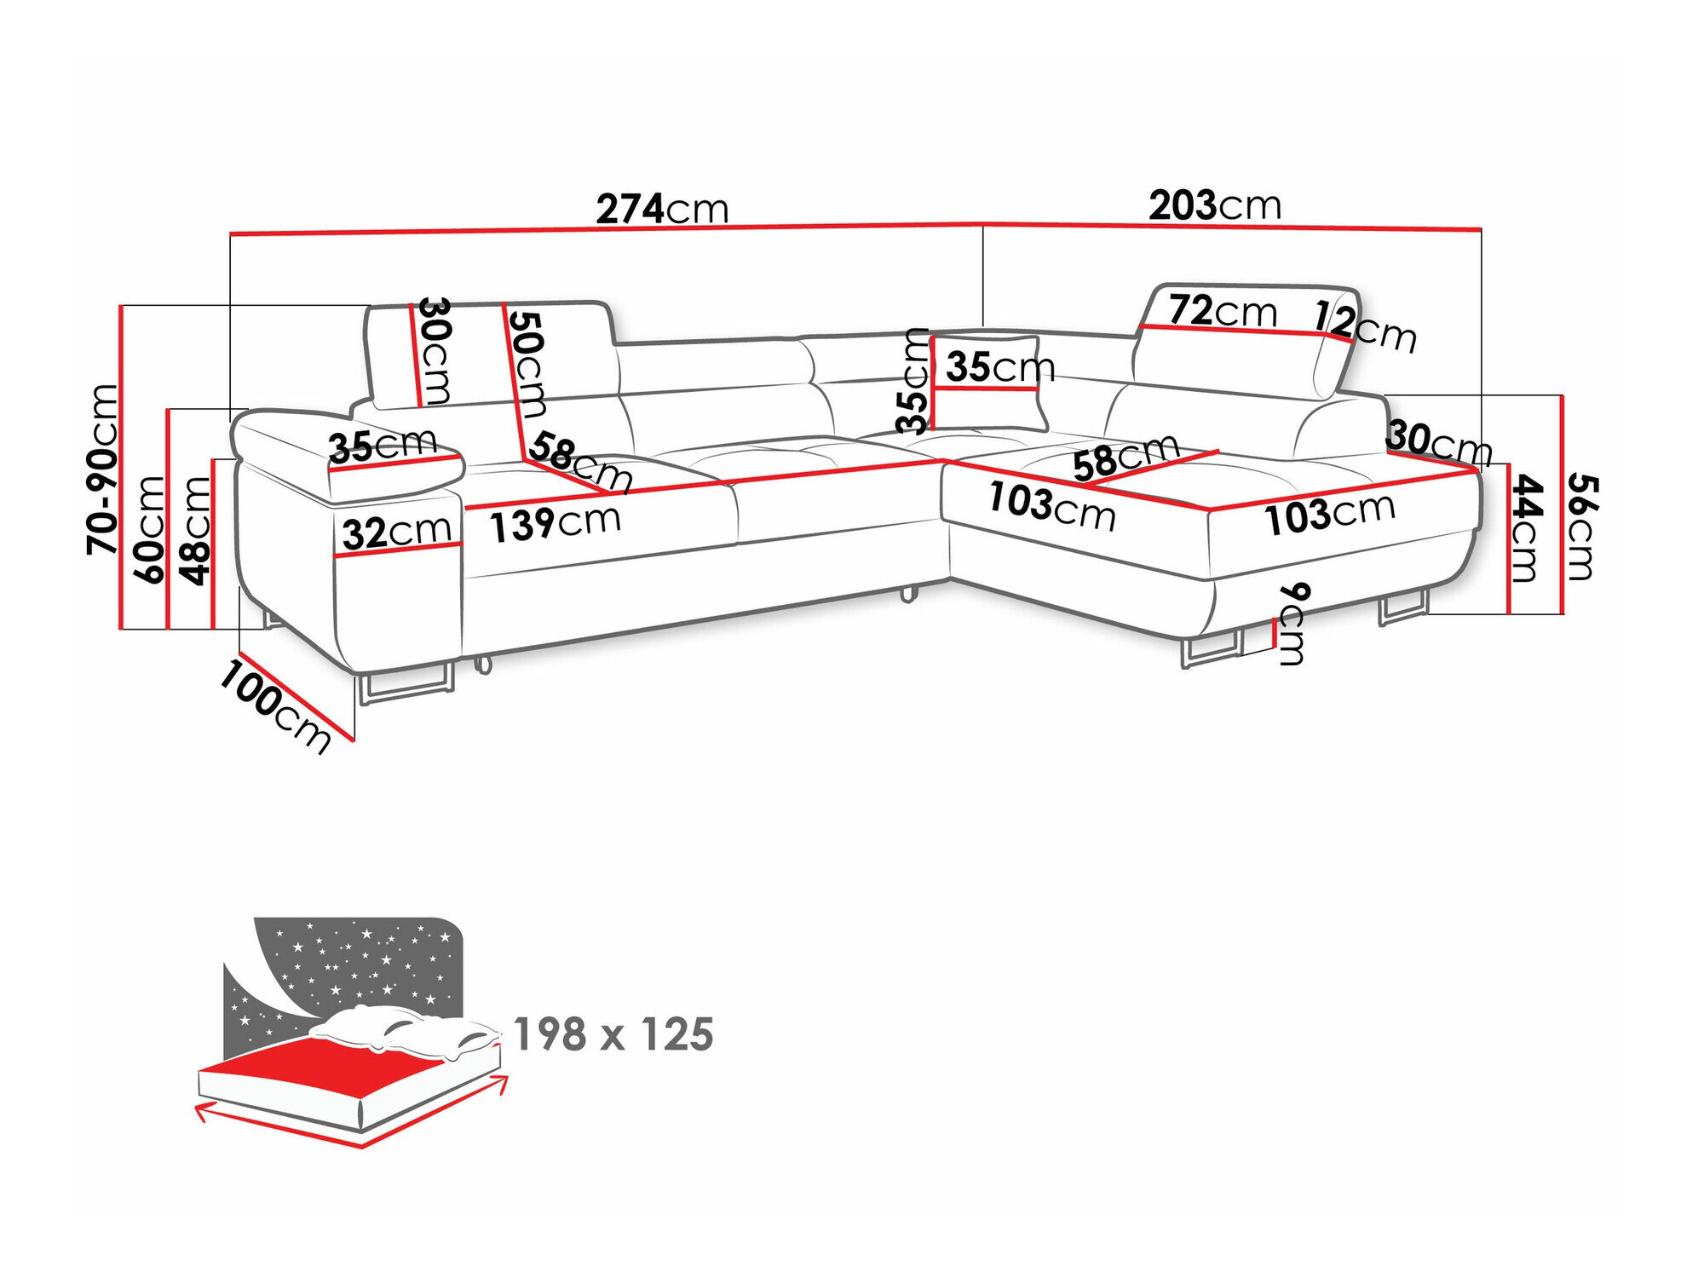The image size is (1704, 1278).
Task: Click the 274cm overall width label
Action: [662, 209]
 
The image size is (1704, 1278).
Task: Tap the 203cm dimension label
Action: [1214, 205]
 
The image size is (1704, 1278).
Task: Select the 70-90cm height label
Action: [103, 469]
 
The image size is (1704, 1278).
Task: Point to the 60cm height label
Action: [149, 529]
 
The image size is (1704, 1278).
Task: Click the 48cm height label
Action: [195, 531]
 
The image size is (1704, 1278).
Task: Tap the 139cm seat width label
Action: [555, 522]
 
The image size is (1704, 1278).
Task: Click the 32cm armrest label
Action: [396, 532]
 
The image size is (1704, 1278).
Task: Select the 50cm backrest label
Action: [527, 364]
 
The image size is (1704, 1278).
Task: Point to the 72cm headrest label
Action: [1222, 311]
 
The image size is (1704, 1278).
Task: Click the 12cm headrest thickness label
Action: [1365, 326]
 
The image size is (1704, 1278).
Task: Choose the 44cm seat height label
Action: [1526, 528]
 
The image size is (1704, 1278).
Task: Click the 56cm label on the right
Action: [1581, 527]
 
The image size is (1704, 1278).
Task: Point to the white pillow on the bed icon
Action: [400, 1029]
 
